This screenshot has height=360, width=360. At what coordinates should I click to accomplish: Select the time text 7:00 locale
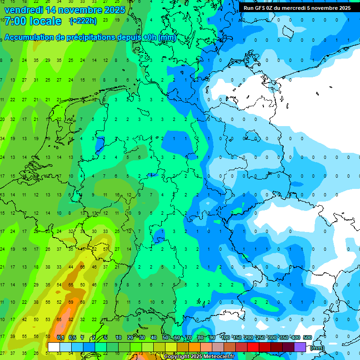click(33, 21)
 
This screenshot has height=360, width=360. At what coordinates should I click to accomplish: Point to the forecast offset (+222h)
click(83, 21)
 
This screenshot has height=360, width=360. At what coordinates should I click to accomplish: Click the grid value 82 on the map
click(70, 319)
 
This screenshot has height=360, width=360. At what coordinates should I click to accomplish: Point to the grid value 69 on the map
click(70, 302)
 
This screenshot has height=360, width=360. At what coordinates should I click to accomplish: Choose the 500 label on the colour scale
click(307, 338)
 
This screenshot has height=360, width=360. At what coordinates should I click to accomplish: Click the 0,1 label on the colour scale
click(60, 338)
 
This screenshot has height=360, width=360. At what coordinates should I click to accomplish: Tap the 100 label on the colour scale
click(225, 338)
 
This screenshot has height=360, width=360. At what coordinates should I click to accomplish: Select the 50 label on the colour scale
click(165, 338)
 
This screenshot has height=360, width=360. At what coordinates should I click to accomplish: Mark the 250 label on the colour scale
click(260, 338)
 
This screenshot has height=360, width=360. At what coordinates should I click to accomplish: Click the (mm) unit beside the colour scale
click(317, 348)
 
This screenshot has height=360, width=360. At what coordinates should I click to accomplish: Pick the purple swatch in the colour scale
click(300, 347)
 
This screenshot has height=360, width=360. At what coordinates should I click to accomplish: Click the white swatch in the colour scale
click(54, 347)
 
